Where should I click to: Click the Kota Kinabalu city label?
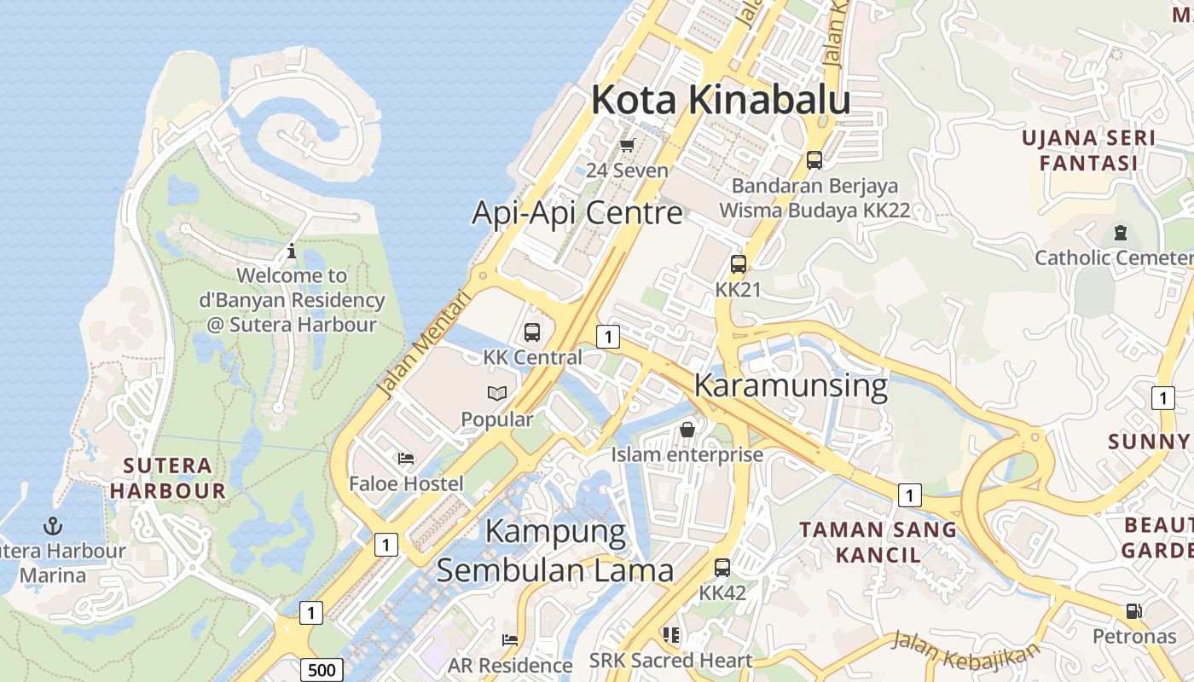[721, 100]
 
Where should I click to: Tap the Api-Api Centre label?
[577, 212]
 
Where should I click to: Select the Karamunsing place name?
[791, 385]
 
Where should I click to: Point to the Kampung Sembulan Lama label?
[555, 551]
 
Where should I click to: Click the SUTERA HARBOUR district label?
[167, 478]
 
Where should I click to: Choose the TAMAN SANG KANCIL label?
[878, 542]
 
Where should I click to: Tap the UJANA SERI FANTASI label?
[1088, 150]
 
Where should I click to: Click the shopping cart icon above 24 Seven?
[628, 146]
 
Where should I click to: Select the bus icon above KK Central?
[532, 332]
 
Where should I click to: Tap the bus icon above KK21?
[739, 264]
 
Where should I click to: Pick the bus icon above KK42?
[722, 567]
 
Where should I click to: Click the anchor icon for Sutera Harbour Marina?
[53, 525]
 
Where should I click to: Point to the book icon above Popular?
[497, 394]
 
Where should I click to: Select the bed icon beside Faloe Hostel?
[406, 459]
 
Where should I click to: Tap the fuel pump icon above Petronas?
[1133, 611]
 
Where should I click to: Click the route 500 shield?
[322, 670]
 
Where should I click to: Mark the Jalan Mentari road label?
[424, 344]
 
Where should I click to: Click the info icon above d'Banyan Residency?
[292, 251]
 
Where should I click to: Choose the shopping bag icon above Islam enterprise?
[687, 430]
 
